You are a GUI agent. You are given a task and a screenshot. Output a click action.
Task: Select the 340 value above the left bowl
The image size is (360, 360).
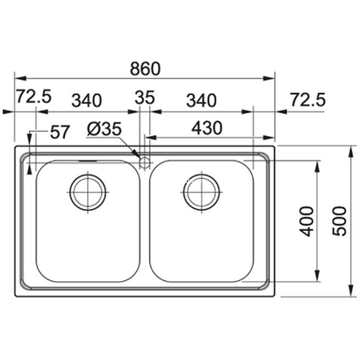point(86,101)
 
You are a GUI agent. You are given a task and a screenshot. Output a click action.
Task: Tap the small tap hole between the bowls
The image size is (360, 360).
point(143,161)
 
